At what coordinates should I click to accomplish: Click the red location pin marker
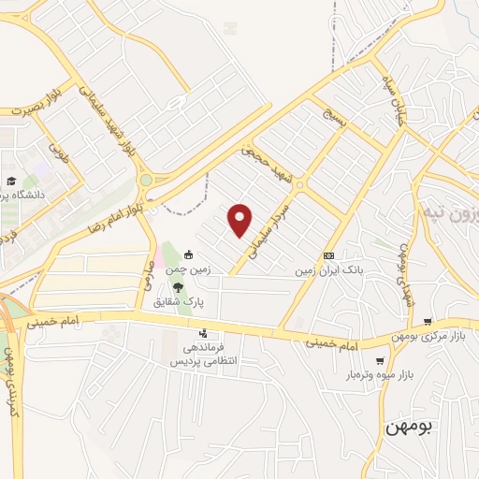tap(240, 220)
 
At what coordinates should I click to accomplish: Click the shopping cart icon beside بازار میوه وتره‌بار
tap(379, 361)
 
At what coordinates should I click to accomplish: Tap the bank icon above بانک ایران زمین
tap(328, 255)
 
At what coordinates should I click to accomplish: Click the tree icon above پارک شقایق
tap(178, 287)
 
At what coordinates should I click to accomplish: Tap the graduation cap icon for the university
tap(11, 181)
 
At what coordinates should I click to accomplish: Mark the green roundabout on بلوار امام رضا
tap(145, 180)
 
